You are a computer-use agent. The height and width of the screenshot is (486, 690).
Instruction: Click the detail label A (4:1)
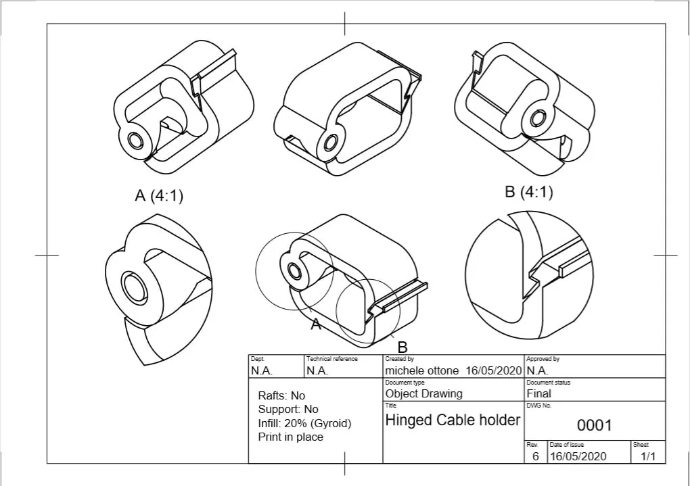(159, 195)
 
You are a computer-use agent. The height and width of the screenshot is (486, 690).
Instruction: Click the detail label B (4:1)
(528, 192)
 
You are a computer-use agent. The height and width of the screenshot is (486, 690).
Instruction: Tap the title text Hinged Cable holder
(453, 420)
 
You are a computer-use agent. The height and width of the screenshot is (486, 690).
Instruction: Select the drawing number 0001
(594, 425)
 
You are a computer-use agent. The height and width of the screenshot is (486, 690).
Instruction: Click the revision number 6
(536, 456)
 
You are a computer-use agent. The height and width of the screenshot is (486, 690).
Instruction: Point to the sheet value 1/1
(648, 456)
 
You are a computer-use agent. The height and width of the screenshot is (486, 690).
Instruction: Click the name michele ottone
(421, 371)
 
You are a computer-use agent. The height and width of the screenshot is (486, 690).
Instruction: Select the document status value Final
(538, 393)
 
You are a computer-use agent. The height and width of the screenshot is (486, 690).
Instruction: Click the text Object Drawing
(423, 393)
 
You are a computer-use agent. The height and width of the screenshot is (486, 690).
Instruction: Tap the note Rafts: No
(281, 395)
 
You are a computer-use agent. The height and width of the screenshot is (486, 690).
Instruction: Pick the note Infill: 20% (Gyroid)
(304, 424)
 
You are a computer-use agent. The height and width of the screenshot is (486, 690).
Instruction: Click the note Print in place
(290, 437)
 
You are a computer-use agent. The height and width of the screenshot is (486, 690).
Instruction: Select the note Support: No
(288, 409)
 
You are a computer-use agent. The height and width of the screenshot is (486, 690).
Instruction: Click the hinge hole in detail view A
(134, 287)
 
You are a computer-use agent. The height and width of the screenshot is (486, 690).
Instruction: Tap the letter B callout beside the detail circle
(402, 347)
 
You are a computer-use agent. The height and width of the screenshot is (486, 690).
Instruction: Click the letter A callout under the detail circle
(315, 324)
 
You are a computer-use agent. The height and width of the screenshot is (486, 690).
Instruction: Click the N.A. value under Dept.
(261, 371)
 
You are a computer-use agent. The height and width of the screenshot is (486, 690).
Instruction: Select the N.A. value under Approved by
(537, 371)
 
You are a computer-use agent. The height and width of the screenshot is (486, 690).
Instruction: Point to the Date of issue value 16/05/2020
(578, 456)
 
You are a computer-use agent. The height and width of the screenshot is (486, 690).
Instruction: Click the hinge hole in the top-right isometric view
(537, 118)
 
